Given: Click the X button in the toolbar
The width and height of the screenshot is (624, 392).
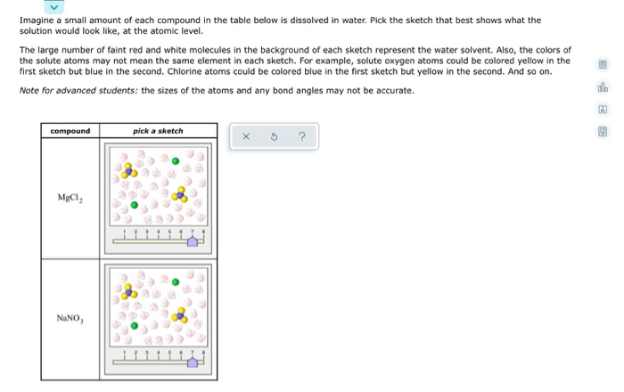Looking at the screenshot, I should pos(245,137).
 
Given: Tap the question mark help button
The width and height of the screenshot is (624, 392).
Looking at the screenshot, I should pos(302,137).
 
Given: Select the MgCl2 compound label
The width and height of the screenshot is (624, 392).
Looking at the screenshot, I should pos(70,197).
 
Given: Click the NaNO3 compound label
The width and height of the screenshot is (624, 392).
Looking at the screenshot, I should pos(70,317).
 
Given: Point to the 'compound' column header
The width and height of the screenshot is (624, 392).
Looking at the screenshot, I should pos(70,131).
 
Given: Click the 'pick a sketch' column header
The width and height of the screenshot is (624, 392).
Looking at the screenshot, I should pos(158,131).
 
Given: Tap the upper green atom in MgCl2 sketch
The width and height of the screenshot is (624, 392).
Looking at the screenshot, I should pos(176,161).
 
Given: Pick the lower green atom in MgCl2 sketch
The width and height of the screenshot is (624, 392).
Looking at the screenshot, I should pos(134,204).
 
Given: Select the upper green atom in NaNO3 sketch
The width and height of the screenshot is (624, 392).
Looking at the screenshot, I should pos(176,282).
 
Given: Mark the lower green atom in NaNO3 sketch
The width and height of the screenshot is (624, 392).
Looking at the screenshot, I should pos(134,324).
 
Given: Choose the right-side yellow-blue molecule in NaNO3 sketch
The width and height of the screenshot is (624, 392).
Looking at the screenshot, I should pos(183,314).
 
